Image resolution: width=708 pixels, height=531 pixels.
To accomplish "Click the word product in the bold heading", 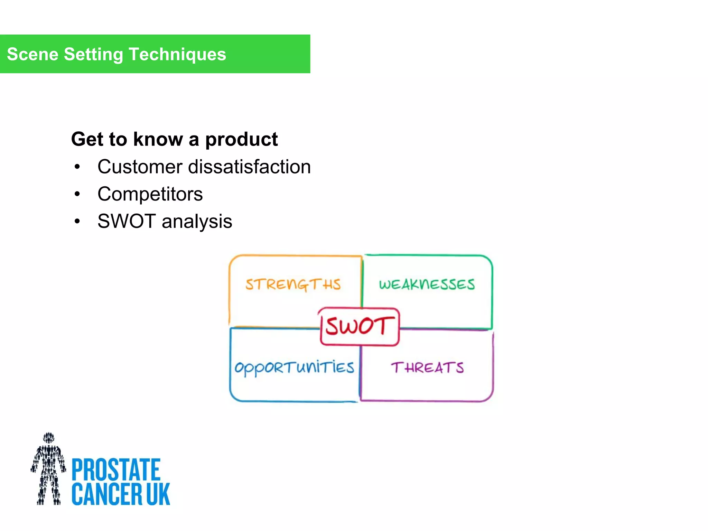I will point(241,139).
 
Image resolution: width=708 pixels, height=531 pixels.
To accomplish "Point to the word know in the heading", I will point(158,139).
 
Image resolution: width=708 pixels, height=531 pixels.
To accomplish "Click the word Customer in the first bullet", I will point(140,167).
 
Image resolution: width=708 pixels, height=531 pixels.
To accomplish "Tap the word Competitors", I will point(150,194).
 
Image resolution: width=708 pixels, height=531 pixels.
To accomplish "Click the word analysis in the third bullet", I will point(197,222).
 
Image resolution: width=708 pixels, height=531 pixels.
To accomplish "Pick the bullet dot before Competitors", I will point(77,194).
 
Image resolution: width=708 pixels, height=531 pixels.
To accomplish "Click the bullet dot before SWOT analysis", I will point(77,222).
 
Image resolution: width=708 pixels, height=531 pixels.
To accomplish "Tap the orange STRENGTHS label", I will point(293,285).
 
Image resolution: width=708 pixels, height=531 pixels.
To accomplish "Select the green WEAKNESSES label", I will point(427,285).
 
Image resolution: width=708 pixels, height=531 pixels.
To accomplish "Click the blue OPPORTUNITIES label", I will point(294,367).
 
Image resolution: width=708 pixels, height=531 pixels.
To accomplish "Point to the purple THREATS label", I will point(427,367).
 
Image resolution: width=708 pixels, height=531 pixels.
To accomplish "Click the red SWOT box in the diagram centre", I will point(360,326).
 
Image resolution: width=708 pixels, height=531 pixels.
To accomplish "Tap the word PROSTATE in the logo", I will point(116,469).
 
